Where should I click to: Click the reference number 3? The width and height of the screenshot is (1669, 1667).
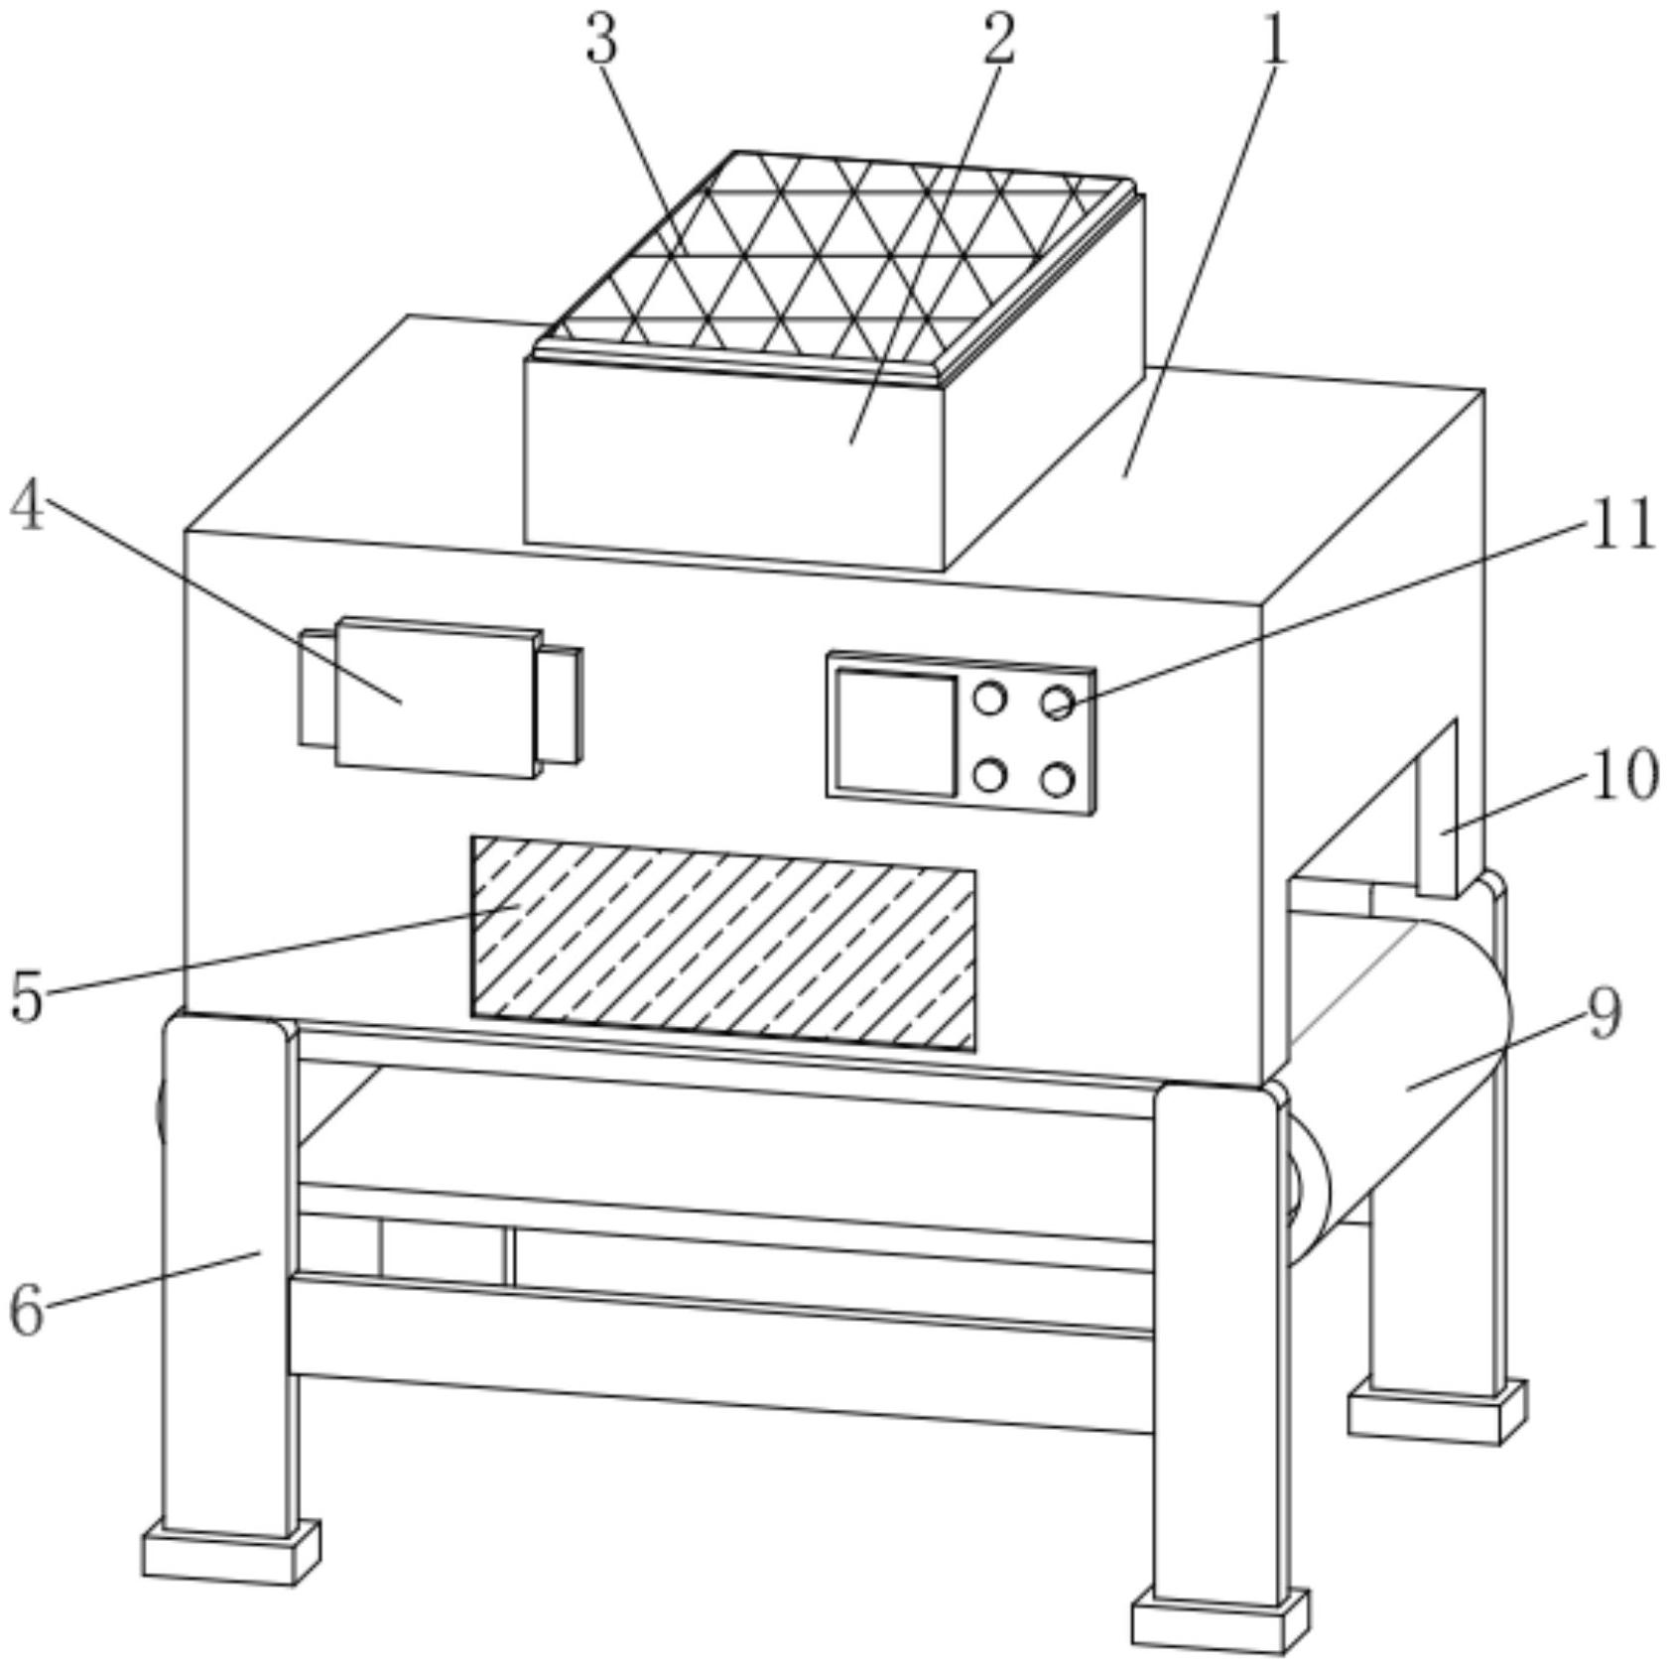click(601, 41)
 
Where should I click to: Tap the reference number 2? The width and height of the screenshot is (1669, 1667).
click(998, 41)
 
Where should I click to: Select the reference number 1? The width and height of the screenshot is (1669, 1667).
click(1273, 41)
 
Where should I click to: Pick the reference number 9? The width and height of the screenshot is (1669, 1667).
click(1605, 1014)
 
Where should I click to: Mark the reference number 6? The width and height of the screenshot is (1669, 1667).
click(27, 1310)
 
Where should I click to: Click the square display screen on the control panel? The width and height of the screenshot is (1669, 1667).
click(896, 733)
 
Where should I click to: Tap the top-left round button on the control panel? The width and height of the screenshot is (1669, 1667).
click(989, 699)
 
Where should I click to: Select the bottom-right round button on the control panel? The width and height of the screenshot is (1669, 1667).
click(1058, 780)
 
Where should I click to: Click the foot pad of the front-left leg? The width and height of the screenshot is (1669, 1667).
click(231, 1553)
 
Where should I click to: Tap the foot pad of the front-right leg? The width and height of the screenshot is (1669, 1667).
click(1220, 1617)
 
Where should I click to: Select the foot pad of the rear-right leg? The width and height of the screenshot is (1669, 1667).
click(1436, 1413)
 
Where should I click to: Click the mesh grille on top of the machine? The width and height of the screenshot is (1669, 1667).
click(834, 263)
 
